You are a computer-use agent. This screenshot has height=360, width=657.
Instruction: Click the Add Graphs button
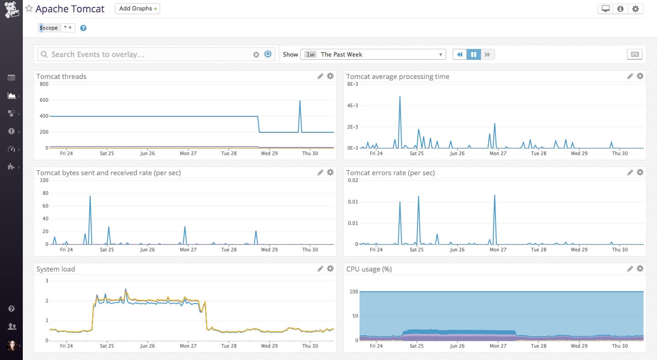coord(137,9)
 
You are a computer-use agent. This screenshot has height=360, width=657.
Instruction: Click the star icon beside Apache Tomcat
coord(29,9)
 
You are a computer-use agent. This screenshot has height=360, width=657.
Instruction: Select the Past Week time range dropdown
coord(373,54)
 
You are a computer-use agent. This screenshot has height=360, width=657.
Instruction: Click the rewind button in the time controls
coord(459,54)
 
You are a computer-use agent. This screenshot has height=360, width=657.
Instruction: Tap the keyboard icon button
coord(635,54)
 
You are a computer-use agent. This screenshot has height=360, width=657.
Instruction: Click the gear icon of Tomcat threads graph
coord(330,76)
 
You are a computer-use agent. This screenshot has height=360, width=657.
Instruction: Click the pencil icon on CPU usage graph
coord(630,269)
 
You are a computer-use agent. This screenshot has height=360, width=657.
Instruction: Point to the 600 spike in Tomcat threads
coord(300,101)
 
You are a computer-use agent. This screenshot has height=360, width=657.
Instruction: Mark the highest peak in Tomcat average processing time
coord(400,97)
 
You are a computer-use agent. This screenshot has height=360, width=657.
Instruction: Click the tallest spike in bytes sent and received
coord(90,196)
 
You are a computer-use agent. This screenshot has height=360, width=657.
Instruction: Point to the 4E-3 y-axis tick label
coord(353,105)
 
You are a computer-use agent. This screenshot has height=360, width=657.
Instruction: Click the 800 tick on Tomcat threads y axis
coord(44,84)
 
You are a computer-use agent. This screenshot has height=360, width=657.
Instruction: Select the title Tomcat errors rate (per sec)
coord(390,173)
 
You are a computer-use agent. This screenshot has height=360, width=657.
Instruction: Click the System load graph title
coord(56,269)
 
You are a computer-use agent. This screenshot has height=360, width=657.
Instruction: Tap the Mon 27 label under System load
coord(188,346)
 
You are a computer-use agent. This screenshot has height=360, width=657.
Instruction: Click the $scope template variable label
coord(49,28)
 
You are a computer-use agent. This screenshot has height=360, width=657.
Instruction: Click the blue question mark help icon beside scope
coord(83,28)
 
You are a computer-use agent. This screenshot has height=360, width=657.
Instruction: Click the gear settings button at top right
coord(636,9)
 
